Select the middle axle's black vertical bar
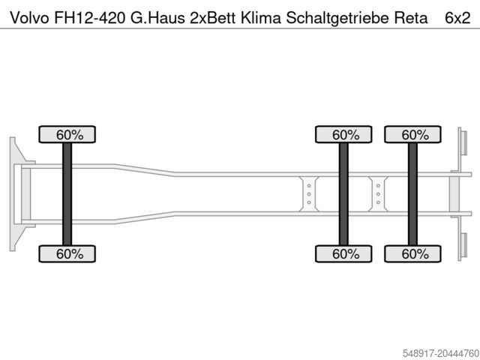click(x=345, y=194)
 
